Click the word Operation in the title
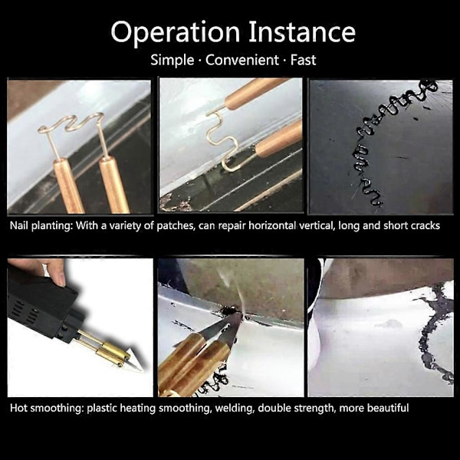tap(176, 32)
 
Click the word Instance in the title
tap(302, 31)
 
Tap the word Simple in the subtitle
tap(172, 60)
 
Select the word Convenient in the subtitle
tap(242, 60)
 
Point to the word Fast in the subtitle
tap(303, 60)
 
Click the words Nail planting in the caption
tap(41, 225)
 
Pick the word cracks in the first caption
tap(426, 225)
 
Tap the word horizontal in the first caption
tap(272, 225)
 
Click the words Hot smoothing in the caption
tap(47, 408)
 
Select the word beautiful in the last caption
tap(388, 408)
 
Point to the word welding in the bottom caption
tap(235, 409)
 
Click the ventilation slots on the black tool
tap(25, 310)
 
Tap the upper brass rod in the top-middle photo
tap(257, 93)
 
